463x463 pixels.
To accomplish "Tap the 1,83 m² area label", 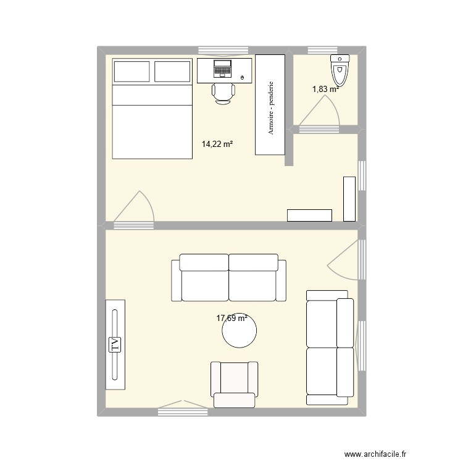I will [325, 89].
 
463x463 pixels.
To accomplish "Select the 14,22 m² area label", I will [217, 144].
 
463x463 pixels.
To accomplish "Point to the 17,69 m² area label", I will [231, 319].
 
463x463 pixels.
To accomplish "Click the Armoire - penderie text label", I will [270, 107].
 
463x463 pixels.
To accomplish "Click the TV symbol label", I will [114, 344].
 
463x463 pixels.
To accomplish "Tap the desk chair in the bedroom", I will [223, 93].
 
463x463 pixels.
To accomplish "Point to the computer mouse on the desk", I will [242, 77].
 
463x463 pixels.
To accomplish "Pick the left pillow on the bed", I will [131, 71].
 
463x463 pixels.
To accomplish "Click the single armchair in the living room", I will [234, 383].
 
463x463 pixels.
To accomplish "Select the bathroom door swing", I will [321, 113].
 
